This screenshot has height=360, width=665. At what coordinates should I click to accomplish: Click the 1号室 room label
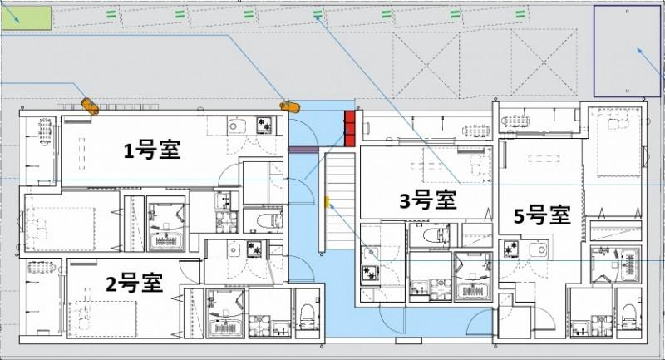coord(152,150)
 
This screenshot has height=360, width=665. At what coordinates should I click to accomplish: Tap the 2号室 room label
coord(134,283)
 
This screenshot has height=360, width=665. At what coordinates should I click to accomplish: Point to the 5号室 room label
coord(541,215)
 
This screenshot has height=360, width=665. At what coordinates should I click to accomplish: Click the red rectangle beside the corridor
coord(350,128)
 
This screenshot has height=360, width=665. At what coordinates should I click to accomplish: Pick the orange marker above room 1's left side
coord(90,107)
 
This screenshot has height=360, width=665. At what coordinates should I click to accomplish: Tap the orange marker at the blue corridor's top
coord(288,106)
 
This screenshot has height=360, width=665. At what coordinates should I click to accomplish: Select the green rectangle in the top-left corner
coord(26,17)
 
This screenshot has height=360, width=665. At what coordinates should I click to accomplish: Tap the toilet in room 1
coord(266,220)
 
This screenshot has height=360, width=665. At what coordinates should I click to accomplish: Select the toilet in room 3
coord(433,237)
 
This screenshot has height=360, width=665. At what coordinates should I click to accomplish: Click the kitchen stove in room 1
coord(264,125)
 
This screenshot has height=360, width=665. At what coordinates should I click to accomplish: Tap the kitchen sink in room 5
coord(536,249)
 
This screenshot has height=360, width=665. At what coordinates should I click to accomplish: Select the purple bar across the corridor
coord(303,150)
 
